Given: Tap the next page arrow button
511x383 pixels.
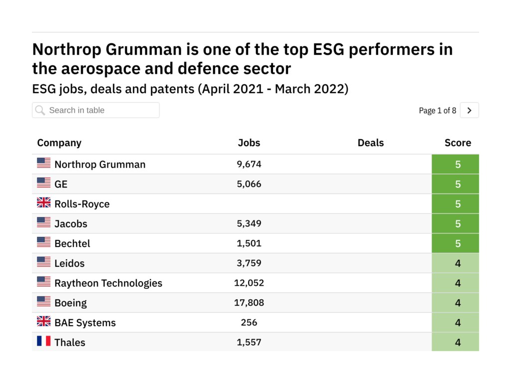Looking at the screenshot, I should tap(469, 110).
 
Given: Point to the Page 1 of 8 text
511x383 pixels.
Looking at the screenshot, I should tap(437, 111).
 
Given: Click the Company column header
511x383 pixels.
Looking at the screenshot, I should tap(59, 143).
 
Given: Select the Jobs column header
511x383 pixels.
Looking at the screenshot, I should tap(249, 143).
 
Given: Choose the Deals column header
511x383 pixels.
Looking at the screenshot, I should tap(370, 143).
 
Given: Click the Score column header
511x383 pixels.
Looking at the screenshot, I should tap(458, 143).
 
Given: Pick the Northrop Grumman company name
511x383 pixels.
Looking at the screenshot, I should tap(100, 165).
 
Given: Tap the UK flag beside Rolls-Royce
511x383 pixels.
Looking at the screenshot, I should tap(44, 203).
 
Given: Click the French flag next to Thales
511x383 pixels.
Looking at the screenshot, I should tap(44, 342).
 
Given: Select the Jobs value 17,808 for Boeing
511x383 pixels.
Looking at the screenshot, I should tap(249, 303).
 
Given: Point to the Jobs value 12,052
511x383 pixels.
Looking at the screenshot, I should tap(249, 283).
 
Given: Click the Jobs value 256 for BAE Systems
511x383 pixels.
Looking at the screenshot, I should tap(249, 323).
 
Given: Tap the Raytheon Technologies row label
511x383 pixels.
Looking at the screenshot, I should tap(108, 283).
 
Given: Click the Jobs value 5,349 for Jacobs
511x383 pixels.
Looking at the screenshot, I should tap(249, 224).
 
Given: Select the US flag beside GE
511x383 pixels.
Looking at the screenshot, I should tap(44, 183).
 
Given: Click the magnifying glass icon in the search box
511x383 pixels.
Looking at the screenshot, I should tap(40, 110).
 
